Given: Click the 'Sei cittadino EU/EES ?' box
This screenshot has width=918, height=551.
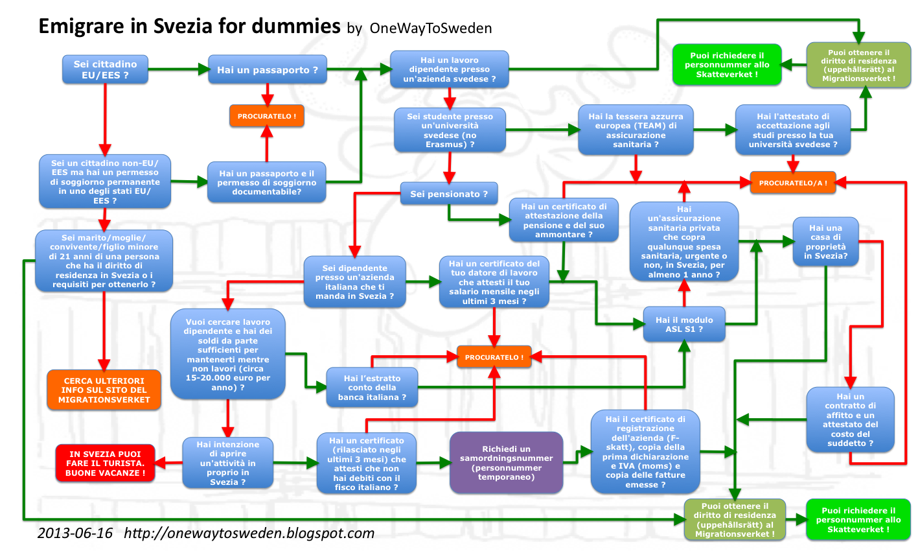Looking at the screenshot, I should [x=105, y=69].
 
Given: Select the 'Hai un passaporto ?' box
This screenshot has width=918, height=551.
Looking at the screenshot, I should [x=267, y=70].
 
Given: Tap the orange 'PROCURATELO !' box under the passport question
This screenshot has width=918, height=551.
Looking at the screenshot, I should [x=266, y=116].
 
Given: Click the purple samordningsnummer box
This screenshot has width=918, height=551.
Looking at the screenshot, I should [x=506, y=463].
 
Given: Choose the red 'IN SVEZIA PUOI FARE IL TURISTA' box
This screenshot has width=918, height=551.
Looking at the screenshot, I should [x=105, y=463].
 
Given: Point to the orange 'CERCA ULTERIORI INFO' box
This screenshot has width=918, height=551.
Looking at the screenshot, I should [x=104, y=390].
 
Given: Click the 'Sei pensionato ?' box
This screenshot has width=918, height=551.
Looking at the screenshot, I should [x=448, y=194].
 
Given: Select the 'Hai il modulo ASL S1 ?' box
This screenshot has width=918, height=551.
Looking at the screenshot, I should [x=684, y=324].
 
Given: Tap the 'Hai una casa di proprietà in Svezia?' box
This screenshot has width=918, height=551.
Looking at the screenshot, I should [x=825, y=242].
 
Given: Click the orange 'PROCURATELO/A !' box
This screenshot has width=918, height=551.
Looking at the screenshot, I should [x=792, y=183].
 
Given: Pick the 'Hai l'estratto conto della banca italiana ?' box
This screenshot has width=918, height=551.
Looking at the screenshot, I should [x=372, y=388].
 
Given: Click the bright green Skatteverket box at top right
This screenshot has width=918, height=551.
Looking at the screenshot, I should [x=727, y=65].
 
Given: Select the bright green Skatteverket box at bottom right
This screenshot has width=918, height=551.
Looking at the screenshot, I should [x=858, y=520].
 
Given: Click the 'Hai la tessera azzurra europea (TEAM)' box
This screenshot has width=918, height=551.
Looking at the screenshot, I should [x=636, y=130].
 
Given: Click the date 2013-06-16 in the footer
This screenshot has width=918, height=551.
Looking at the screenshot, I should [x=75, y=533].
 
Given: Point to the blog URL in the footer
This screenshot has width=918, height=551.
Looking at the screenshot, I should [x=249, y=533].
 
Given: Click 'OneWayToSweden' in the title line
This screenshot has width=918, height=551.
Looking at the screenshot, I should [x=431, y=29].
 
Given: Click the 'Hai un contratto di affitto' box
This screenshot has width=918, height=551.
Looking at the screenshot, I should [x=850, y=419].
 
